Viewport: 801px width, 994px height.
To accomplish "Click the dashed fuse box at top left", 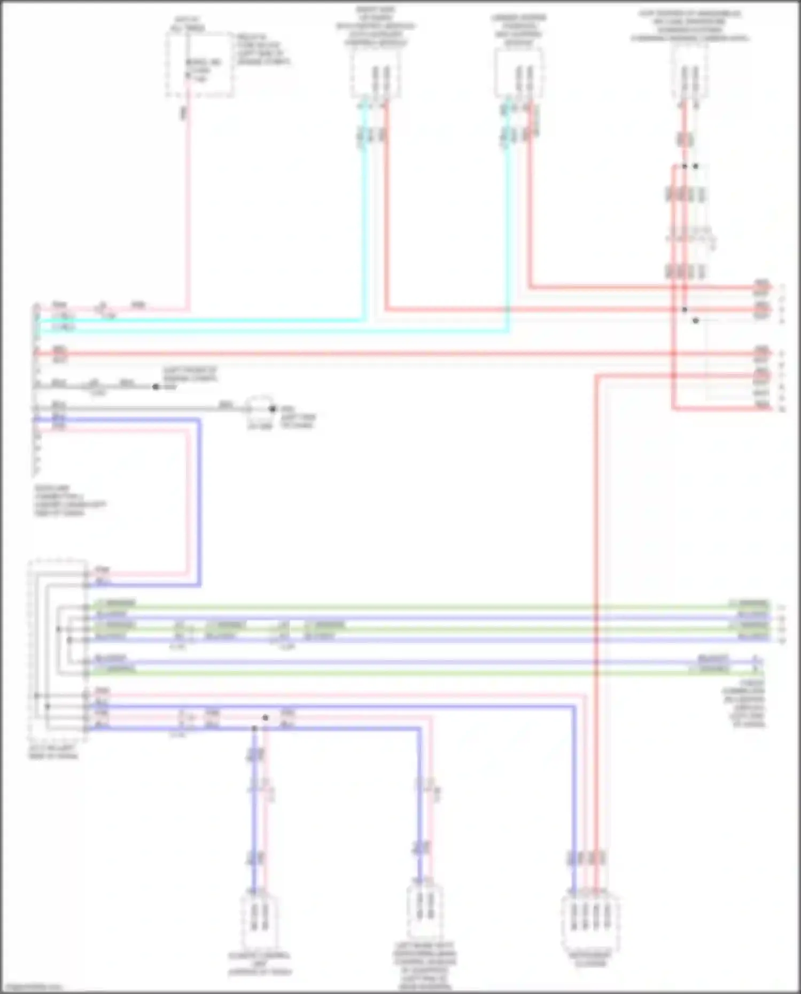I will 199,65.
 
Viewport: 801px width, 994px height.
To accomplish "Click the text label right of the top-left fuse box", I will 263,50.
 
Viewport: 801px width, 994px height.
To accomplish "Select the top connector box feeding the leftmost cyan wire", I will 376,74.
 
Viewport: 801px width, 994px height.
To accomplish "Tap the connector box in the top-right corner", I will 689,75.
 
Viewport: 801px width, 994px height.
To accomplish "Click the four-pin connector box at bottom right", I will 590,919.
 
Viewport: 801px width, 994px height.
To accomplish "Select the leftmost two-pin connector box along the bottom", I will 259,919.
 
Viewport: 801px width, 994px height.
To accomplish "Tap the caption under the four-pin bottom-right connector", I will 590,959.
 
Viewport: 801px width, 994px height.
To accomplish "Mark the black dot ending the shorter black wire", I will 156,387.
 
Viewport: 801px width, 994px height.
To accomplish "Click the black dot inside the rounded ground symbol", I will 273,409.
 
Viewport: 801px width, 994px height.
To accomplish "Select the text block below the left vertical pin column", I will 69,500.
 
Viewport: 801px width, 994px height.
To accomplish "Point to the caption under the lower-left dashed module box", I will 53,752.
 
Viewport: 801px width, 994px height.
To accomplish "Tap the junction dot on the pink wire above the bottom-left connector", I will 266,718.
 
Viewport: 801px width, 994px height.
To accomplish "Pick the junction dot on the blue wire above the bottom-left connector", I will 254,729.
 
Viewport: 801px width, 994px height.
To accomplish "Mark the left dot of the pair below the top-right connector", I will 685,166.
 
